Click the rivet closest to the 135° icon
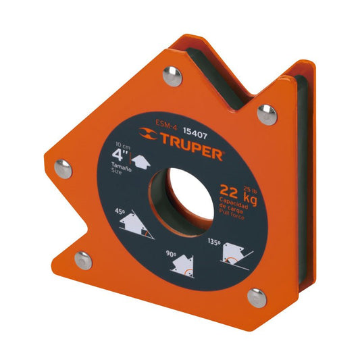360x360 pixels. point(256,294)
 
